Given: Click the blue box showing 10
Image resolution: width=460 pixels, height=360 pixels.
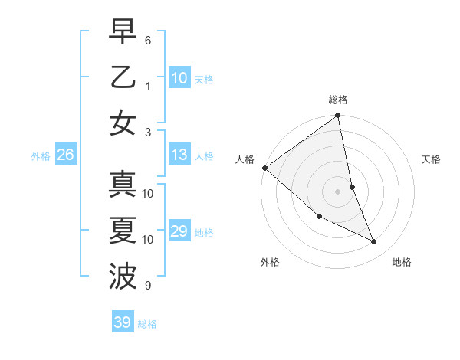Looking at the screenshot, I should coord(179,78).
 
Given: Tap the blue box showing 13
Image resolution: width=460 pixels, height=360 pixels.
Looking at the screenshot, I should coord(179,155).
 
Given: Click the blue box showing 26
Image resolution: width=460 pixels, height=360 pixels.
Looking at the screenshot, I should coord(65,155).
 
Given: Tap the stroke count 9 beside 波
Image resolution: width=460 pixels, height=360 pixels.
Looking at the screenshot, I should coord(148,286).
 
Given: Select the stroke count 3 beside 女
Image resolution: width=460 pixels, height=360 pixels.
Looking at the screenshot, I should coord(148,132).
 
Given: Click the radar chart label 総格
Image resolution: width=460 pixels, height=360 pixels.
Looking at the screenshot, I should coord(338,100).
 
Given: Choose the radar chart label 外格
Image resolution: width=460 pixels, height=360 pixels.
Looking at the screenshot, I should coord(270,262).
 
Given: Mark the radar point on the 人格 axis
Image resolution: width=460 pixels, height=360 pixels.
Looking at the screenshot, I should coord(264,168).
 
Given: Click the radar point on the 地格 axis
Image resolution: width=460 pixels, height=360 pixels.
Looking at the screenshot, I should coord(374,242).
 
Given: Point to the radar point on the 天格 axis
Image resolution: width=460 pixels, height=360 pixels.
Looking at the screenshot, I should coord(352,187).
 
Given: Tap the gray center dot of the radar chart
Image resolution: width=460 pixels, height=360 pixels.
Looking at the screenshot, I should coord(337,191).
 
